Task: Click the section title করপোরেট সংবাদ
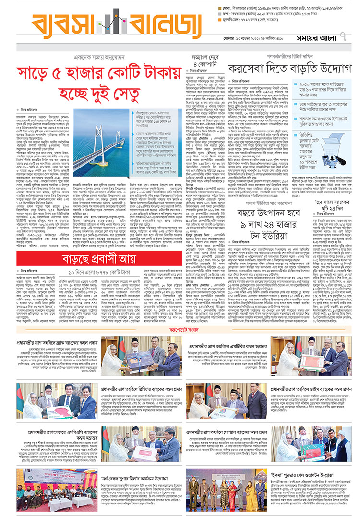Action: pyautogui.click(x=181, y=330)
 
